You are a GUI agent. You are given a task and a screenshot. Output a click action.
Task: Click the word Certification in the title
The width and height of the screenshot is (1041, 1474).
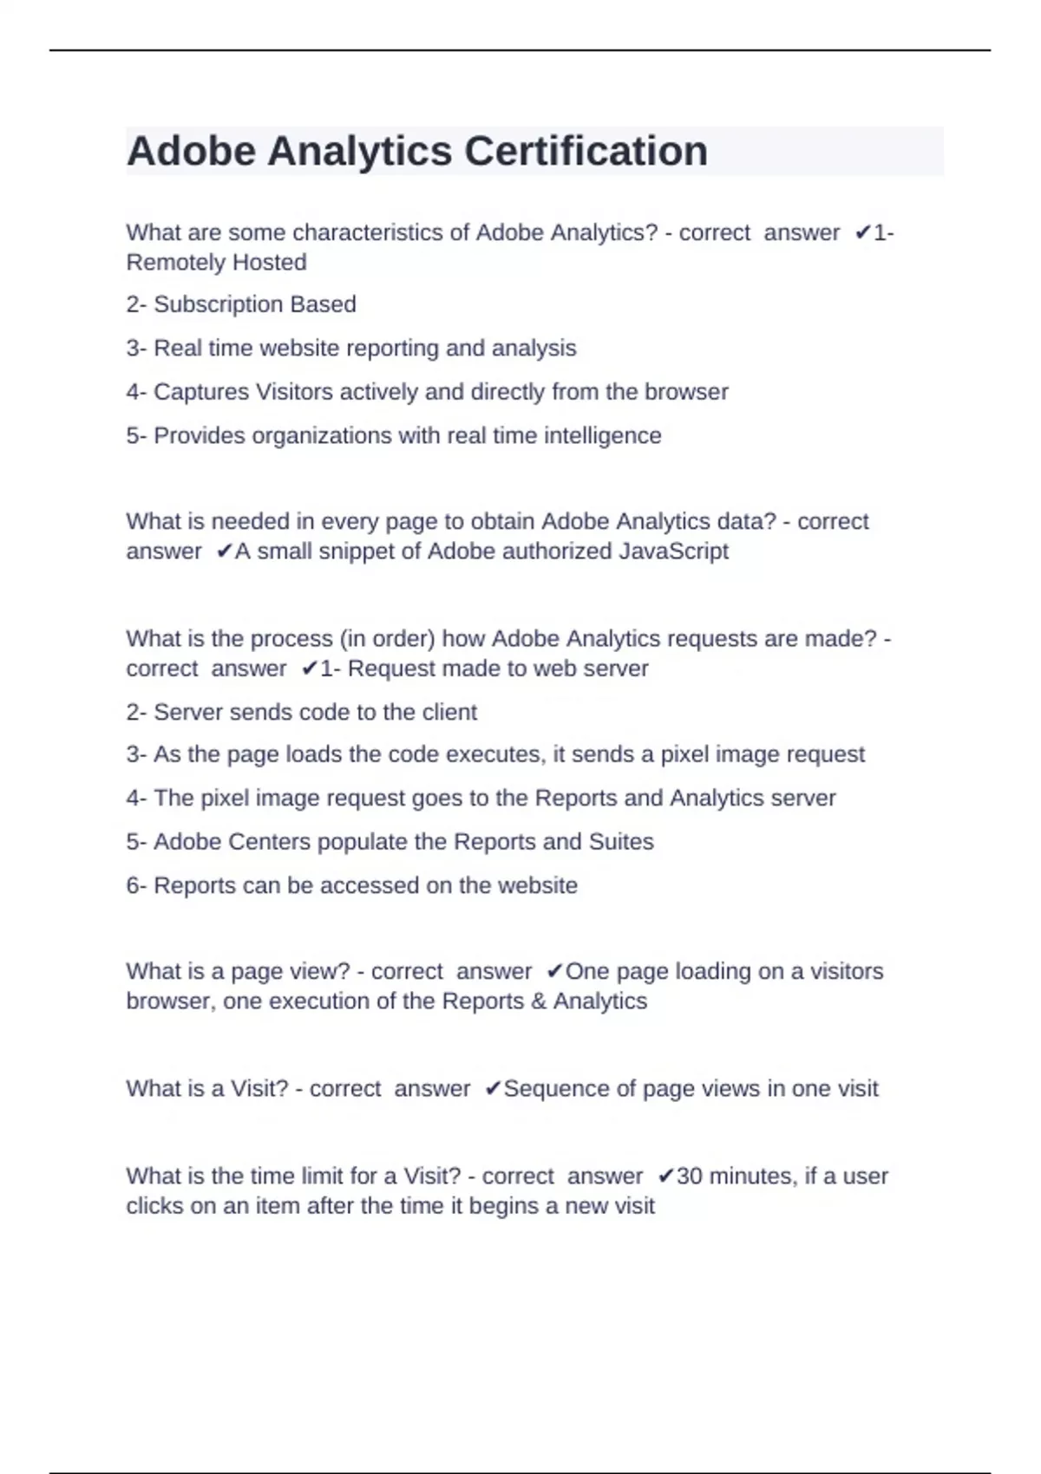click(586, 151)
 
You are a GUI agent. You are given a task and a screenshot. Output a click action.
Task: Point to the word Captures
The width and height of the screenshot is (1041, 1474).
click(200, 392)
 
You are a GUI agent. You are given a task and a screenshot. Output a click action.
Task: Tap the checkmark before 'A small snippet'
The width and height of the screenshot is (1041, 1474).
click(224, 551)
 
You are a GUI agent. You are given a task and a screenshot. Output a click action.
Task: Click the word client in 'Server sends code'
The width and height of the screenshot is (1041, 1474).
click(449, 712)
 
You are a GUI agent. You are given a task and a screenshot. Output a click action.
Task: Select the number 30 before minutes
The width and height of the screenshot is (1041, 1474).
click(689, 1176)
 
